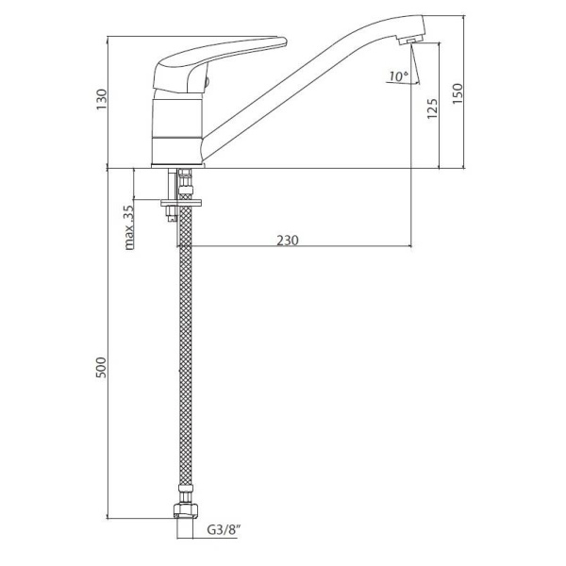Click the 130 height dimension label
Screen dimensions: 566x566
(x=102, y=100)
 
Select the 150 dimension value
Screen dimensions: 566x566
(x=457, y=93)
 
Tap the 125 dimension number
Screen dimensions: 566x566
(x=432, y=108)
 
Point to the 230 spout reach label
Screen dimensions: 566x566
(x=288, y=240)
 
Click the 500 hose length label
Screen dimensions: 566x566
(x=102, y=368)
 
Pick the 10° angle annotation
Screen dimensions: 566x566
(x=398, y=76)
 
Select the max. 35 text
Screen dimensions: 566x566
(x=128, y=227)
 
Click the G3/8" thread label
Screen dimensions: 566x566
(x=224, y=530)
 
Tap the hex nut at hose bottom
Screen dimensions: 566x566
(x=186, y=510)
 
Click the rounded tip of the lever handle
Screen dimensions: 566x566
(x=283, y=42)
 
